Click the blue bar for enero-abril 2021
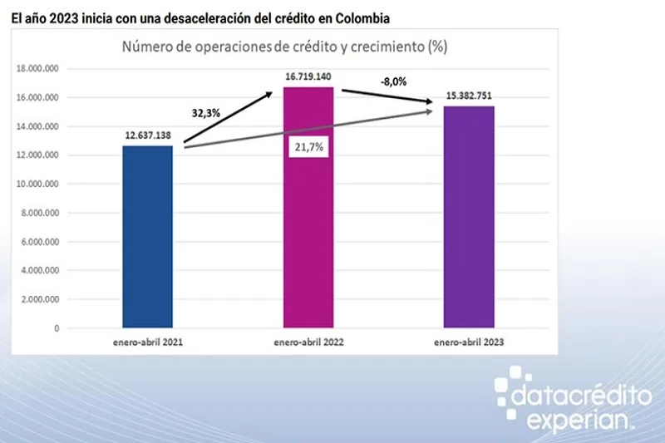tap(147, 237)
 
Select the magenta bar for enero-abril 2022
tap(309, 208)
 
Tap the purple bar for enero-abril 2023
tap(470, 217)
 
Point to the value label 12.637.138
tap(147, 135)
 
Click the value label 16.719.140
tap(309, 76)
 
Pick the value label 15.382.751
tap(470, 96)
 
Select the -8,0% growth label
tap(395, 82)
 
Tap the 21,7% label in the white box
tap(308, 147)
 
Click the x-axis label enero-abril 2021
tap(147, 342)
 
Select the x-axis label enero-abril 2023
tap(470, 342)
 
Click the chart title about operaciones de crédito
tap(285, 47)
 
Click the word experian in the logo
tap(566, 421)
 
